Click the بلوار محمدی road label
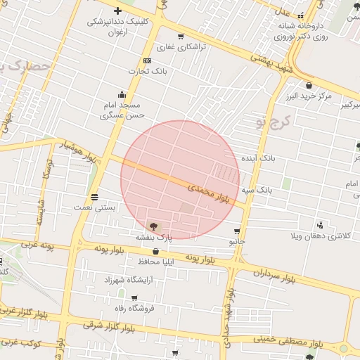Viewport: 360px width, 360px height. (x=210, y=191)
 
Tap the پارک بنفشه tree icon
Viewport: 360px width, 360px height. (x=153, y=226)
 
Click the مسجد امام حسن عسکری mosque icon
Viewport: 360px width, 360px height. (x=123, y=94)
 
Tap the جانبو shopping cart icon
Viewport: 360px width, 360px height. (x=237, y=231)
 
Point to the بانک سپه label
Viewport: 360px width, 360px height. (x=256, y=190)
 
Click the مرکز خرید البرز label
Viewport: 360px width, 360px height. (x=304, y=96)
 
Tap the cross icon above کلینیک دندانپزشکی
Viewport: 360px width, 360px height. (x=117, y=11)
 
